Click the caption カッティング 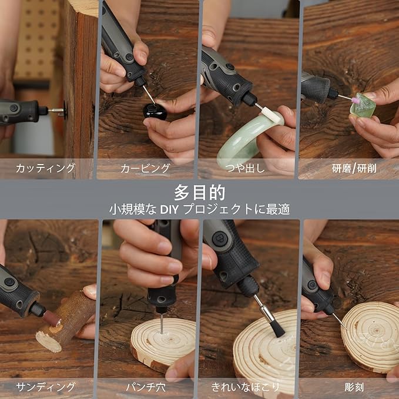(x=45, y=168)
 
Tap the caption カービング (x=145, y=168)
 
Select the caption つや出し (x=245, y=168)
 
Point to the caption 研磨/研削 (x=354, y=169)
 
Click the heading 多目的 (x=200, y=193)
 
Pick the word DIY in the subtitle (x=169, y=209)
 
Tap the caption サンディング (x=46, y=387)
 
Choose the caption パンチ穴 (x=146, y=387)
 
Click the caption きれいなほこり (x=245, y=387)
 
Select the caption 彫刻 (x=354, y=387)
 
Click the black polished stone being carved (x=155, y=112)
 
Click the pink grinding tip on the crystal (x=356, y=100)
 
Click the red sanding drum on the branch (x=52, y=318)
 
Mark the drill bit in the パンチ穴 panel (x=162, y=324)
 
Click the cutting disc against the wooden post (x=65, y=110)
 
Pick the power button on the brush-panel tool (x=220, y=239)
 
